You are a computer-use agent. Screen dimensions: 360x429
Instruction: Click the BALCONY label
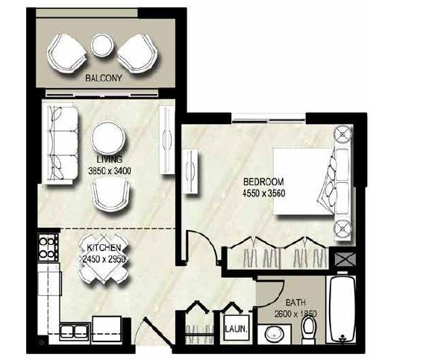point(104,77)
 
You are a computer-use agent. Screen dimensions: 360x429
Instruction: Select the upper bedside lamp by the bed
point(342,134)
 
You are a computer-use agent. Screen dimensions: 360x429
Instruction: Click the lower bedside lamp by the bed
point(342,226)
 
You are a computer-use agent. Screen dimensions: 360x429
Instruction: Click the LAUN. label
point(233,328)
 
